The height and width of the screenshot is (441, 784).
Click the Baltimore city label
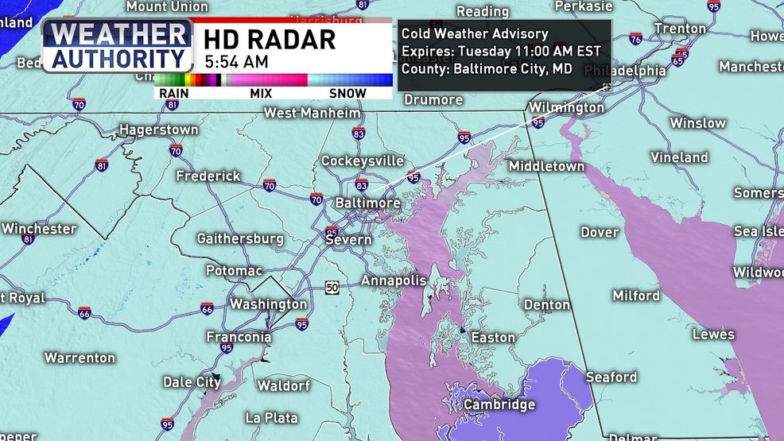click(367, 203)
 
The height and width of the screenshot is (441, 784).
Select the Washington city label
click(268, 304)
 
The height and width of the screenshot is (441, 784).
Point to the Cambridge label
click(499, 404)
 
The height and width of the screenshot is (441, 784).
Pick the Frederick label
click(208, 176)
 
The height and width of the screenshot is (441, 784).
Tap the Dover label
click(599, 232)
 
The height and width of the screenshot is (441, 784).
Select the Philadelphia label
click(625, 71)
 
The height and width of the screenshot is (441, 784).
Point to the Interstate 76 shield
click(635, 39)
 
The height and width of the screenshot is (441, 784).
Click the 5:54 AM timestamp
click(235, 61)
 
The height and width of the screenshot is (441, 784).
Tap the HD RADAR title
click(269, 39)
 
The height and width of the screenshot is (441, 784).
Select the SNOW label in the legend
click(347, 93)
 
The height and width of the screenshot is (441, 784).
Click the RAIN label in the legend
click(173, 93)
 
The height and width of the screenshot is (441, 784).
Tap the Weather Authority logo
click(117, 46)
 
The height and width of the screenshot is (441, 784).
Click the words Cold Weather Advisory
click(475, 33)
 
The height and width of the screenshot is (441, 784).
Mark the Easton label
click(493, 337)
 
